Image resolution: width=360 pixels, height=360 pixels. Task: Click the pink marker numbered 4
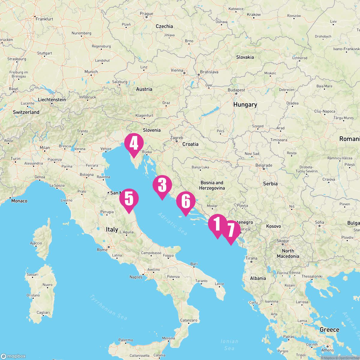tap(134, 144)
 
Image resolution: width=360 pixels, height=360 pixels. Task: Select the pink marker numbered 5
tap(129, 199)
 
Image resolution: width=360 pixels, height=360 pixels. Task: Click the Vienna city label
tap(177, 70)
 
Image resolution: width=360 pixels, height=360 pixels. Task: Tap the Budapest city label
tap(236, 90)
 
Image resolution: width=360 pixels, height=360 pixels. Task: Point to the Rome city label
tap(102, 250)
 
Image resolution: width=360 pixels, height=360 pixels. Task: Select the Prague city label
tap(146, 14)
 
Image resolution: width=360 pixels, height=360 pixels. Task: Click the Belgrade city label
tap(264, 165)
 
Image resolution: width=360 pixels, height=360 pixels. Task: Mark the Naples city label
tap(136, 277)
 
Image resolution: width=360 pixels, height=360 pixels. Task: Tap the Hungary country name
tap(245, 105)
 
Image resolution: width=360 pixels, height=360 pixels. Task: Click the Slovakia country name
tap(245, 57)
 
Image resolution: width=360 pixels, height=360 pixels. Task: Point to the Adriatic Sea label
tap(172, 224)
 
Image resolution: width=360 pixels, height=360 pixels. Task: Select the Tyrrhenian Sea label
tap(108, 307)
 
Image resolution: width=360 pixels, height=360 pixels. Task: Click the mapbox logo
tap(13, 356)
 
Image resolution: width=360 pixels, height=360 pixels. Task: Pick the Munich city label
tap(91, 72)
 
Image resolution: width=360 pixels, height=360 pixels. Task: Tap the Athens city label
tap(328, 350)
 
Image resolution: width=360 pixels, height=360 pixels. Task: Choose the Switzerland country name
tap(26, 112)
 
